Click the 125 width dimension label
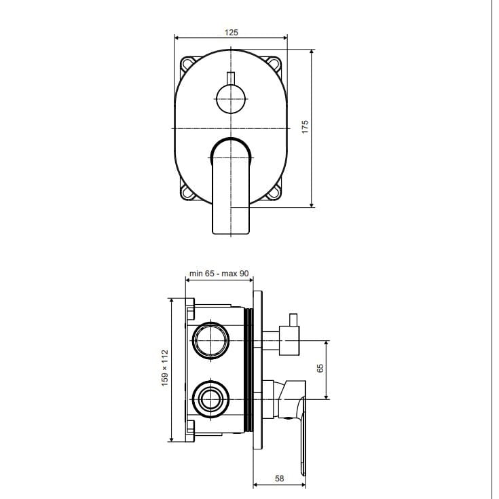[231, 33]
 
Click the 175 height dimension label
[305, 127]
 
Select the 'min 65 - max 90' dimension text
[219, 274]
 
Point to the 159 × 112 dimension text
[164, 368]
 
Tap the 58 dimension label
[279, 479]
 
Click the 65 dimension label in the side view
[320, 368]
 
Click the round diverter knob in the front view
[231, 99]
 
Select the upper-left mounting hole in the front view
[187, 64]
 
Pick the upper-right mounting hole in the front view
[274, 63]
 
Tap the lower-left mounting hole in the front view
[187, 192]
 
